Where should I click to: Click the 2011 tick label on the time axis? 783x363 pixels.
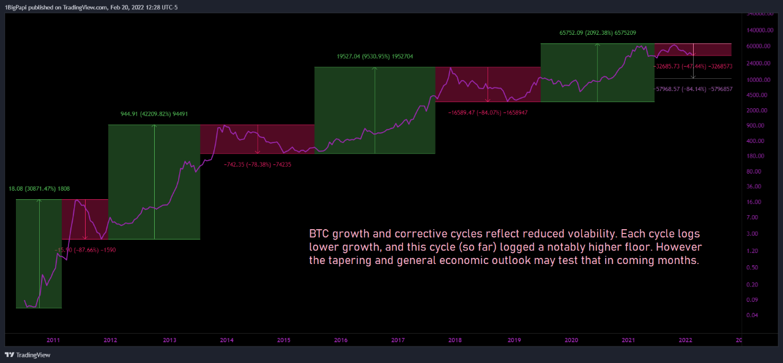point(53,340)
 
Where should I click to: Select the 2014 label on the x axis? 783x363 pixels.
point(226,340)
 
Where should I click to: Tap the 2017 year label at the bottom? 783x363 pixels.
point(398,340)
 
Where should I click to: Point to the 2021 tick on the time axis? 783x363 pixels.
point(628,340)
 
